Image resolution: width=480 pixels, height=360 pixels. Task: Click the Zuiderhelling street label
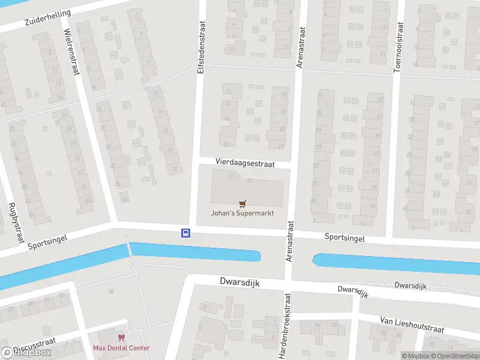click(47, 18)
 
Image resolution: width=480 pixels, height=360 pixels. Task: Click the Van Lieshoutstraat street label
click(412, 325)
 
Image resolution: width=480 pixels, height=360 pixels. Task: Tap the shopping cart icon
click(242, 203)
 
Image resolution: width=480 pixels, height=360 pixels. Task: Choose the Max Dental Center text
click(121, 348)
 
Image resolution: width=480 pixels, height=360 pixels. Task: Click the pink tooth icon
click(121, 338)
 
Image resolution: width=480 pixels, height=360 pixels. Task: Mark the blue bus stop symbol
click(186, 233)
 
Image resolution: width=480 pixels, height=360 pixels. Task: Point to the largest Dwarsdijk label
click(239, 282)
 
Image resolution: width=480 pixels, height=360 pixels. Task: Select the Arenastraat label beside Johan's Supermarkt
click(290, 240)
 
